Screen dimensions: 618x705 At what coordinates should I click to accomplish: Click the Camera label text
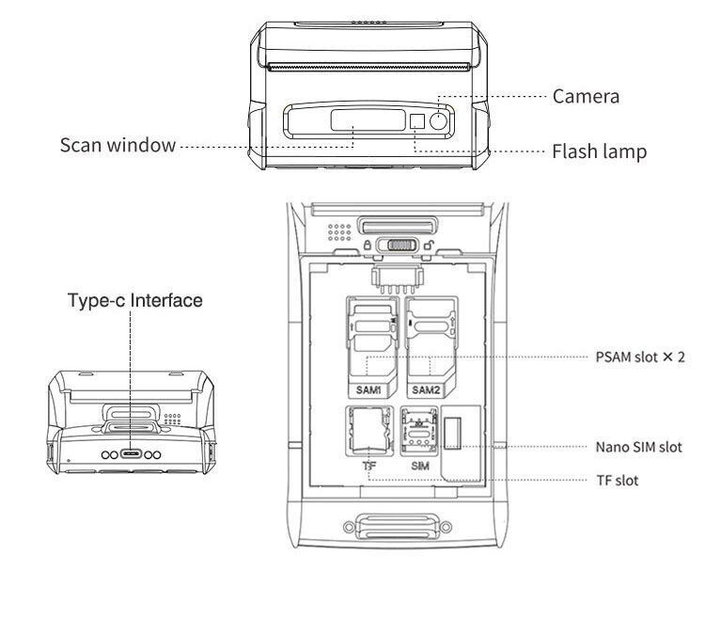click(x=585, y=96)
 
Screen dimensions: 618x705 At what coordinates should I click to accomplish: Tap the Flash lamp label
click(x=599, y=151)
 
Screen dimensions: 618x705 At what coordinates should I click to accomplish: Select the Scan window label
click(x=117, y=145)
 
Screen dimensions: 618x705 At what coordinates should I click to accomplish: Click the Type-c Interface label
click(x=135, y=301)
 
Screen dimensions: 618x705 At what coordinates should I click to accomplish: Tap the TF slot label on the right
click(x=618, y=480)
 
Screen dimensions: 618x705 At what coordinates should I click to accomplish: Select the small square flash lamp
click(x=417, y=120)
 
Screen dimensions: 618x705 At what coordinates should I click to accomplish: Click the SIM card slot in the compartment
click(x=418, y=431)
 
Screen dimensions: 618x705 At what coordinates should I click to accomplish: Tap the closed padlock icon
click(x=366, y=246)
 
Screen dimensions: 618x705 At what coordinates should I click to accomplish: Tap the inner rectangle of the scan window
click(x=354, y=120)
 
